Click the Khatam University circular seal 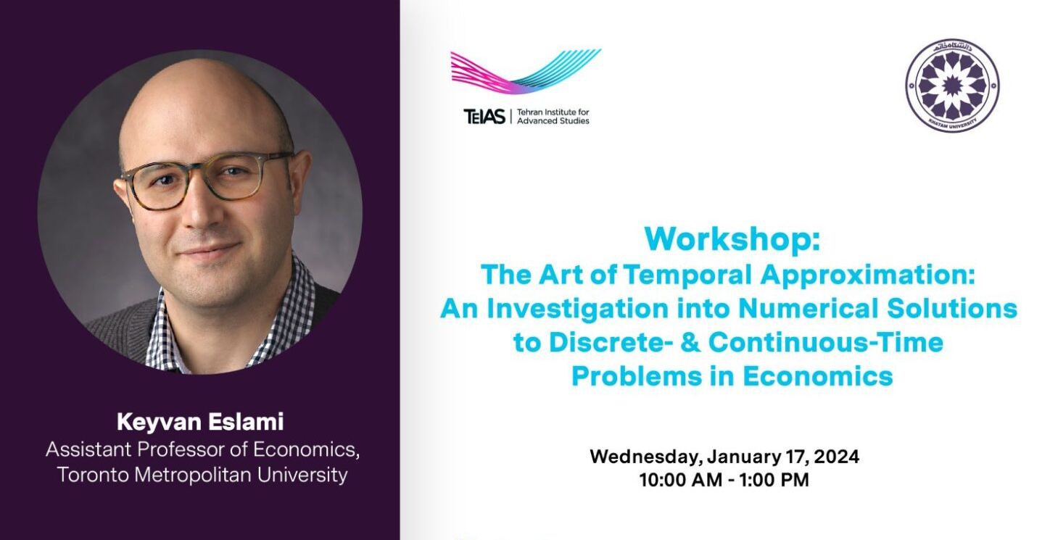pos(952,86)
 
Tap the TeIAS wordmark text pos(484,116)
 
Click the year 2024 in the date pos(836,457)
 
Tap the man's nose pos(204,210)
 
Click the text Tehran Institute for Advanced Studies pos(553,116)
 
